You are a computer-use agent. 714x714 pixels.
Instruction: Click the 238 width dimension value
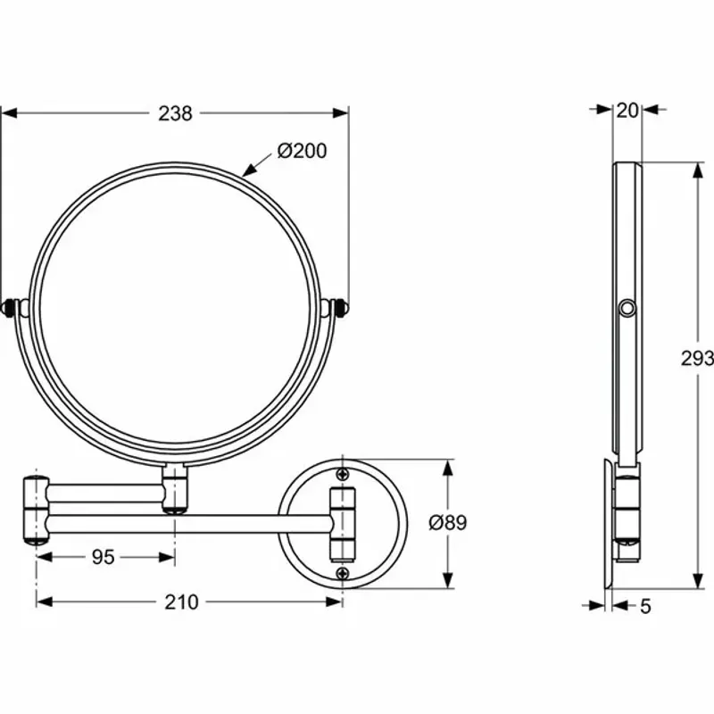click(x=176, y=112)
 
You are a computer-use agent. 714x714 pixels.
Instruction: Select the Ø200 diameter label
click(x=302, y=151)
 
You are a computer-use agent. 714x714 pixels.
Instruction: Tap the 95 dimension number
click(x=104, y=557)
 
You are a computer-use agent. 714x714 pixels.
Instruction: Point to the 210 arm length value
click(x=181, y=602)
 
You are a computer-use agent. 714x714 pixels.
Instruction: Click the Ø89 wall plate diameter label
click(x=447, y=523)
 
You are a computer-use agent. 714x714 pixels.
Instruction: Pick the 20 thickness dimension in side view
click(x=627, y=110)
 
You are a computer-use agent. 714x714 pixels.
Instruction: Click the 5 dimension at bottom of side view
click(x=645, y=606)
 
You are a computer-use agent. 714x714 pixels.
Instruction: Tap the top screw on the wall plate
click(x=343, y=474)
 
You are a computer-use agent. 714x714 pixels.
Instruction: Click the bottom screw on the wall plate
click(x=343, y=573)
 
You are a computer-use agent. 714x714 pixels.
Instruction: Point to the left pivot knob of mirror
click(x=12, y=308)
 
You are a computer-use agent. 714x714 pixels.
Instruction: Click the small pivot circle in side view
click(x=628, y=309)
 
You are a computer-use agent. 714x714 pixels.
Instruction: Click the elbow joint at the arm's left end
click(x=35, y=512)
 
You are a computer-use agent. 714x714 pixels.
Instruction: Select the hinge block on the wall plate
click(x=343, y=523)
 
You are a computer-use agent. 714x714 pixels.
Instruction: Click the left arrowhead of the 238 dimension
click(x=7, y=112)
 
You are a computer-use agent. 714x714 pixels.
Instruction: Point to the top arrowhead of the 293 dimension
click(x=696, y=170)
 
